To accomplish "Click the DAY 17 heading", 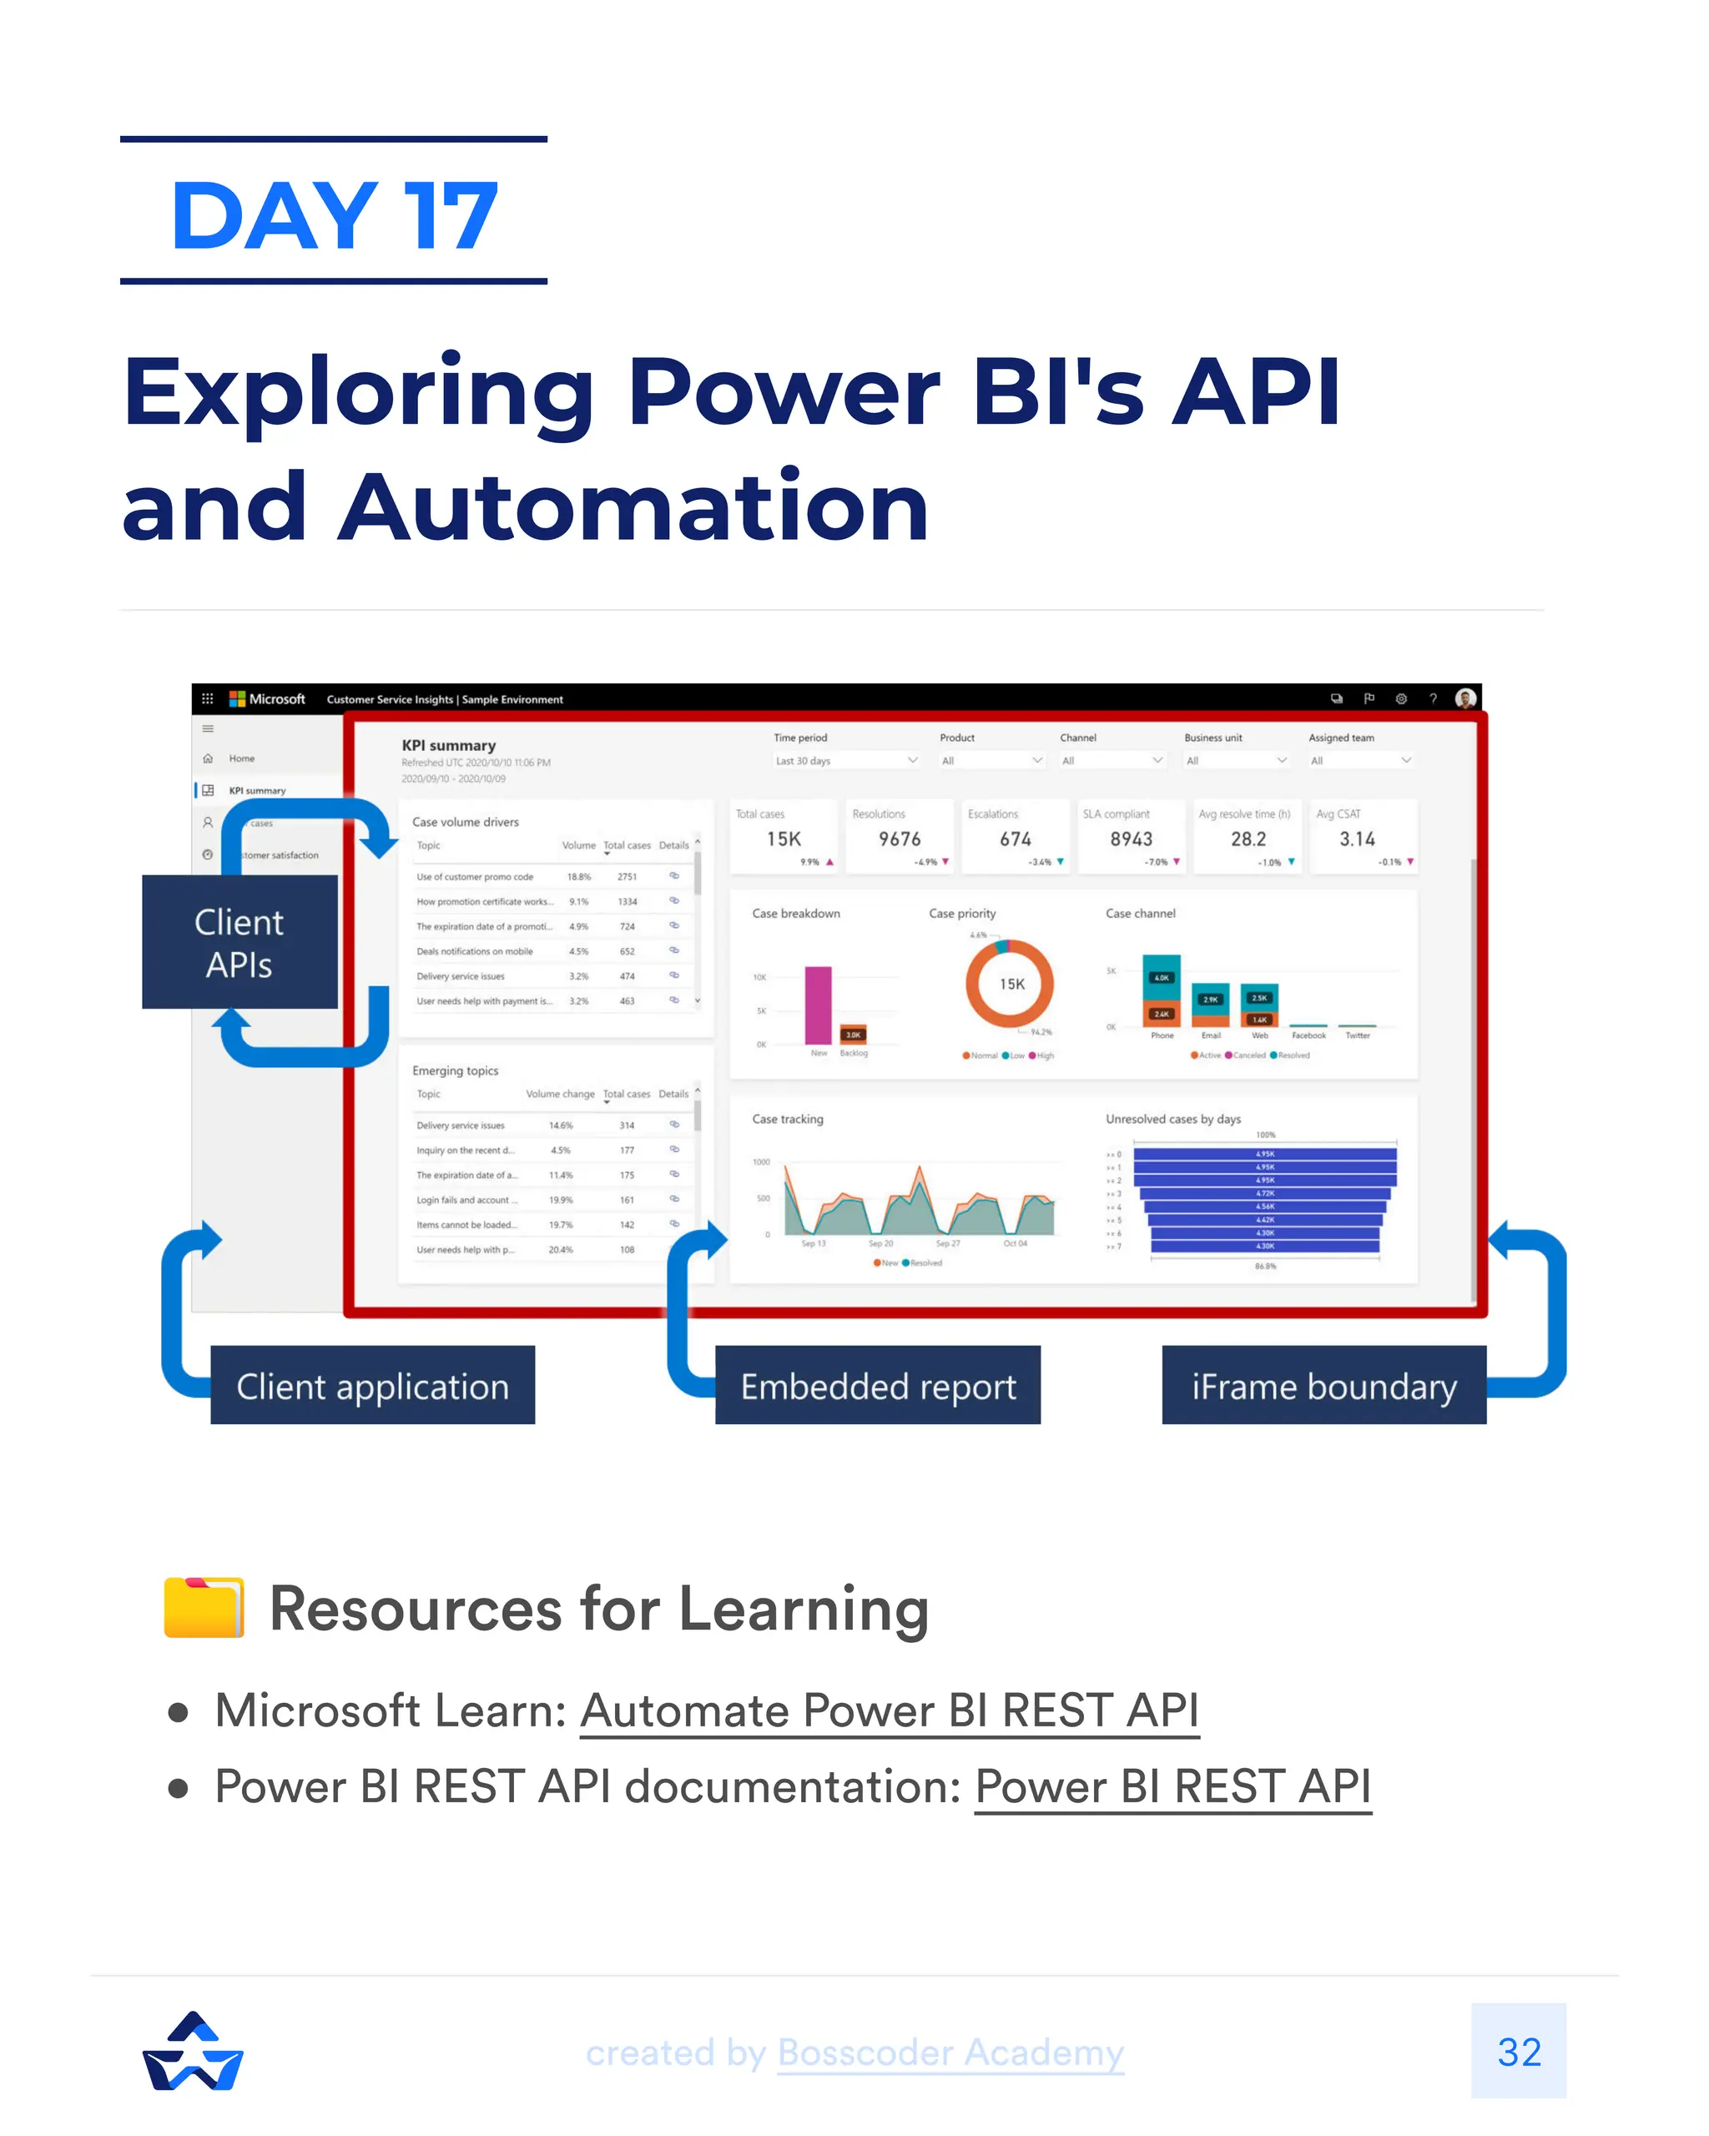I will pos(334,215).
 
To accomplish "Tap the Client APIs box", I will pos(239,942).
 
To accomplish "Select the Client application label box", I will pos(372,1386).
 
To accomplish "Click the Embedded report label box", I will pos(878,1386).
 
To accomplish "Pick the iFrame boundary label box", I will pos(1323,1386).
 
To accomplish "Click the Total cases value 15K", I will pos(784,839).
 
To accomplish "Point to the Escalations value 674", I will pos(1016,839).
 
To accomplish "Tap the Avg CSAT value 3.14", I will pos(1358,839).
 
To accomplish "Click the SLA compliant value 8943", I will pos(1132,839).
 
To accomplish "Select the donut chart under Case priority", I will pos(1010,984).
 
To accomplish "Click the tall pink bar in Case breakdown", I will pos(819,1005).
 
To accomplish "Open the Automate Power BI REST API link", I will pos(889,1711).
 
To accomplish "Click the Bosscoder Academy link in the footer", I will pos(950,2052).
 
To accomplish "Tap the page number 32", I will pos(1519,2052).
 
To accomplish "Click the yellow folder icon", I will pos(204,1607).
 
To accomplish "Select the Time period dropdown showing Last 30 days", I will pos(846,761).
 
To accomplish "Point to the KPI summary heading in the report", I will pos(448,745).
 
